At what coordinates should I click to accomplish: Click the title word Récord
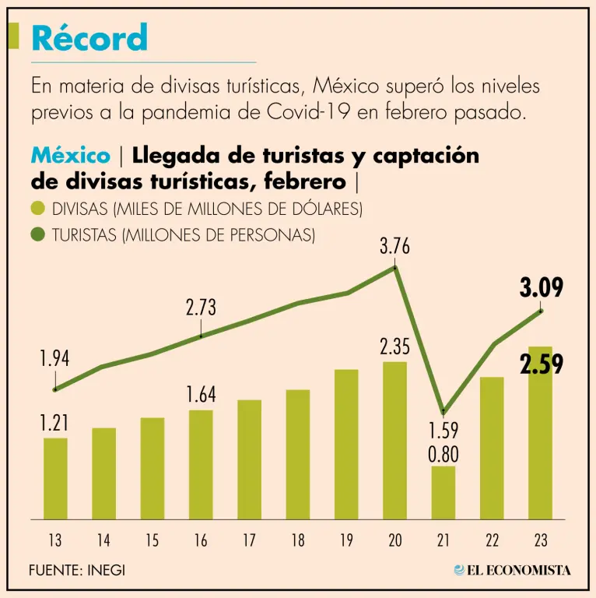89,37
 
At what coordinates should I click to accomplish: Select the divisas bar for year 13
55,478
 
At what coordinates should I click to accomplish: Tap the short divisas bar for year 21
443,492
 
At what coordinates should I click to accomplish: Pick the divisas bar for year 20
395,440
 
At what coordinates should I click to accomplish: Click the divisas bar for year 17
249,459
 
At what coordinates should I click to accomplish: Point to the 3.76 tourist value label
394,248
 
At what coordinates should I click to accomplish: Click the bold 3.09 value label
541,289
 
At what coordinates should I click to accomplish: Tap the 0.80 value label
443,453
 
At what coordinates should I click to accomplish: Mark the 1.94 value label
55,359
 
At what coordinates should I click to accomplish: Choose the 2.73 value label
201,308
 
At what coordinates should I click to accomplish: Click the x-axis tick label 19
346,540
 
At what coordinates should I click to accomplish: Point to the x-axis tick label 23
541,540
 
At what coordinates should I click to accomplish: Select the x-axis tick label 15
153,540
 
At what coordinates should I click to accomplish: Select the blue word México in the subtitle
70,156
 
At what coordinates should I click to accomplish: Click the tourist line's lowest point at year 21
443,411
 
